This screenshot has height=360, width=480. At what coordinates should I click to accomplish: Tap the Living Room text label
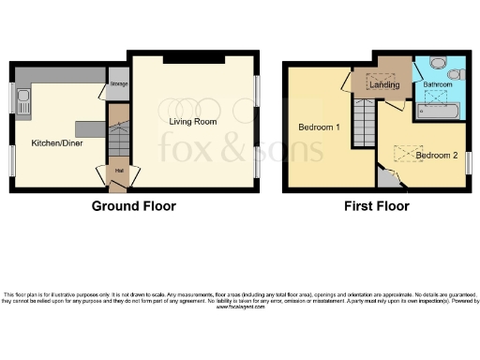[x=192, y=122]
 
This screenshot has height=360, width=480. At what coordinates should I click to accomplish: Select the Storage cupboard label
[x=118, y=84]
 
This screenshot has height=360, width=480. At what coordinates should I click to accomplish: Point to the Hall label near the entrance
[x=118, y=171]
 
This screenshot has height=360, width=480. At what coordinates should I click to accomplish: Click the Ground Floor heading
[x=133, y=205]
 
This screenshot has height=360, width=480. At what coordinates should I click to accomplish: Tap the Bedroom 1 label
[x=321, y=127]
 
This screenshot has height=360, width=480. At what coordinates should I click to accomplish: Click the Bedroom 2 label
[x=435, y=157]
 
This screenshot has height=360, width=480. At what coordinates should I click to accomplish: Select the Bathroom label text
[x=437, y=85]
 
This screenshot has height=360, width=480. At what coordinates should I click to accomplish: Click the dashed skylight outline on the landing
[x=381, y=82]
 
